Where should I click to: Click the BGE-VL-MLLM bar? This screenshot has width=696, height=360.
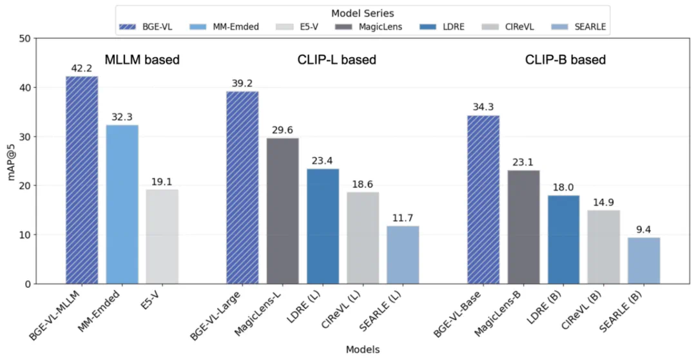(82, 180)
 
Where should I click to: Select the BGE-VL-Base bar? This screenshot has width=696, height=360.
(483, 200)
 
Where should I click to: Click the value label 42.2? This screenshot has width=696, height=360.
(82, 68)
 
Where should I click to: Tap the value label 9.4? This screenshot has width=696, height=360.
(643, 230)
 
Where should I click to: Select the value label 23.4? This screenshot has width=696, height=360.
(322, 161)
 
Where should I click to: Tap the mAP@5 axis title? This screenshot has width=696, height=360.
(11, 161)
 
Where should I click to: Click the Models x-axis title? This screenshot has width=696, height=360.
(363, 349)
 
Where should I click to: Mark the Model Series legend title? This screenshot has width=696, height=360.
(363, 14)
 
